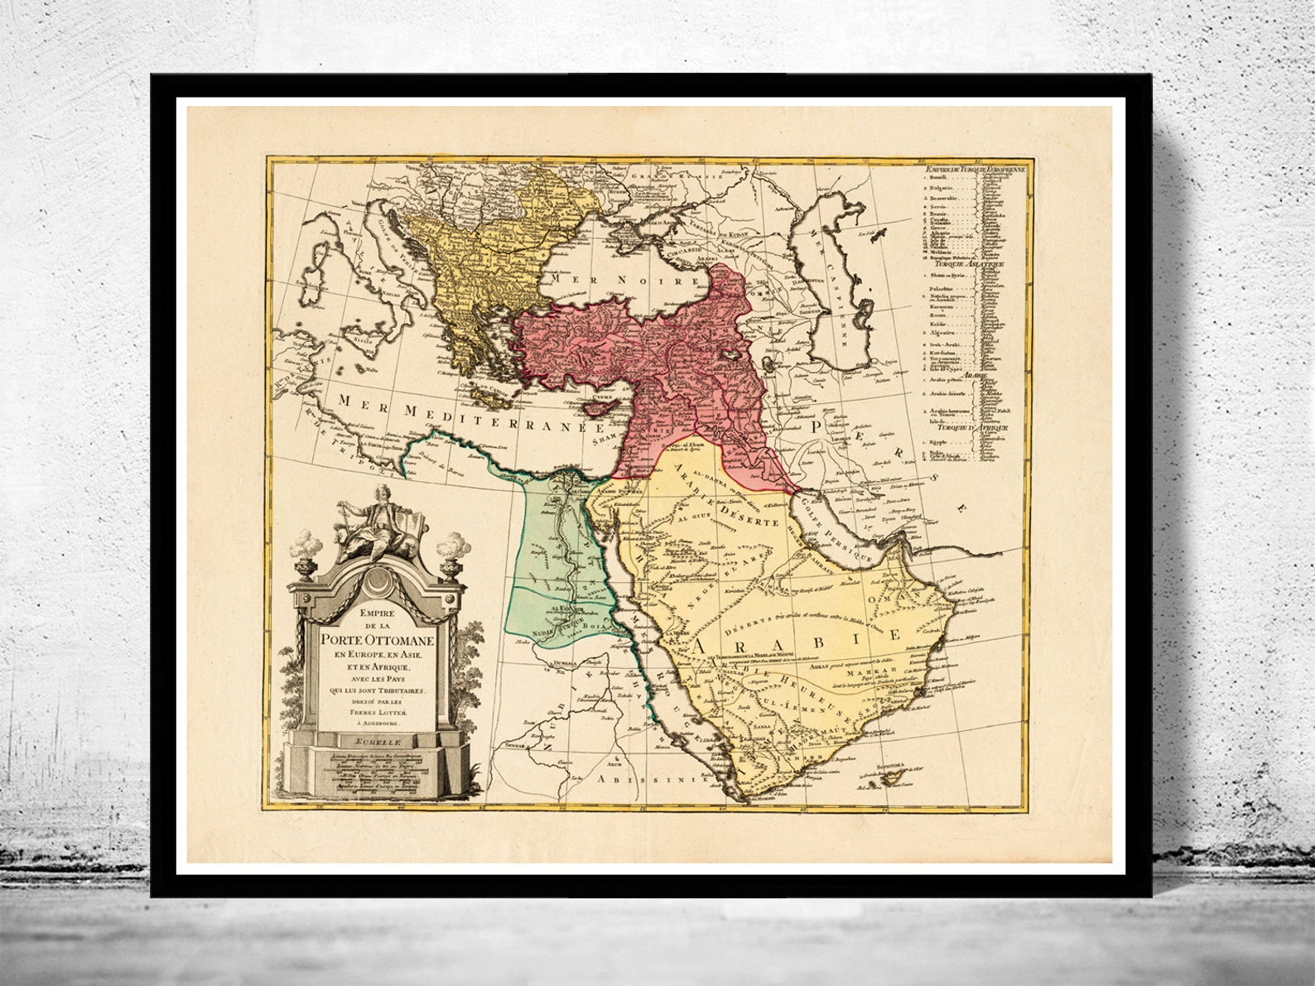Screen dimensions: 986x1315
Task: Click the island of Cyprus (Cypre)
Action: (x=601, y=407)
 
